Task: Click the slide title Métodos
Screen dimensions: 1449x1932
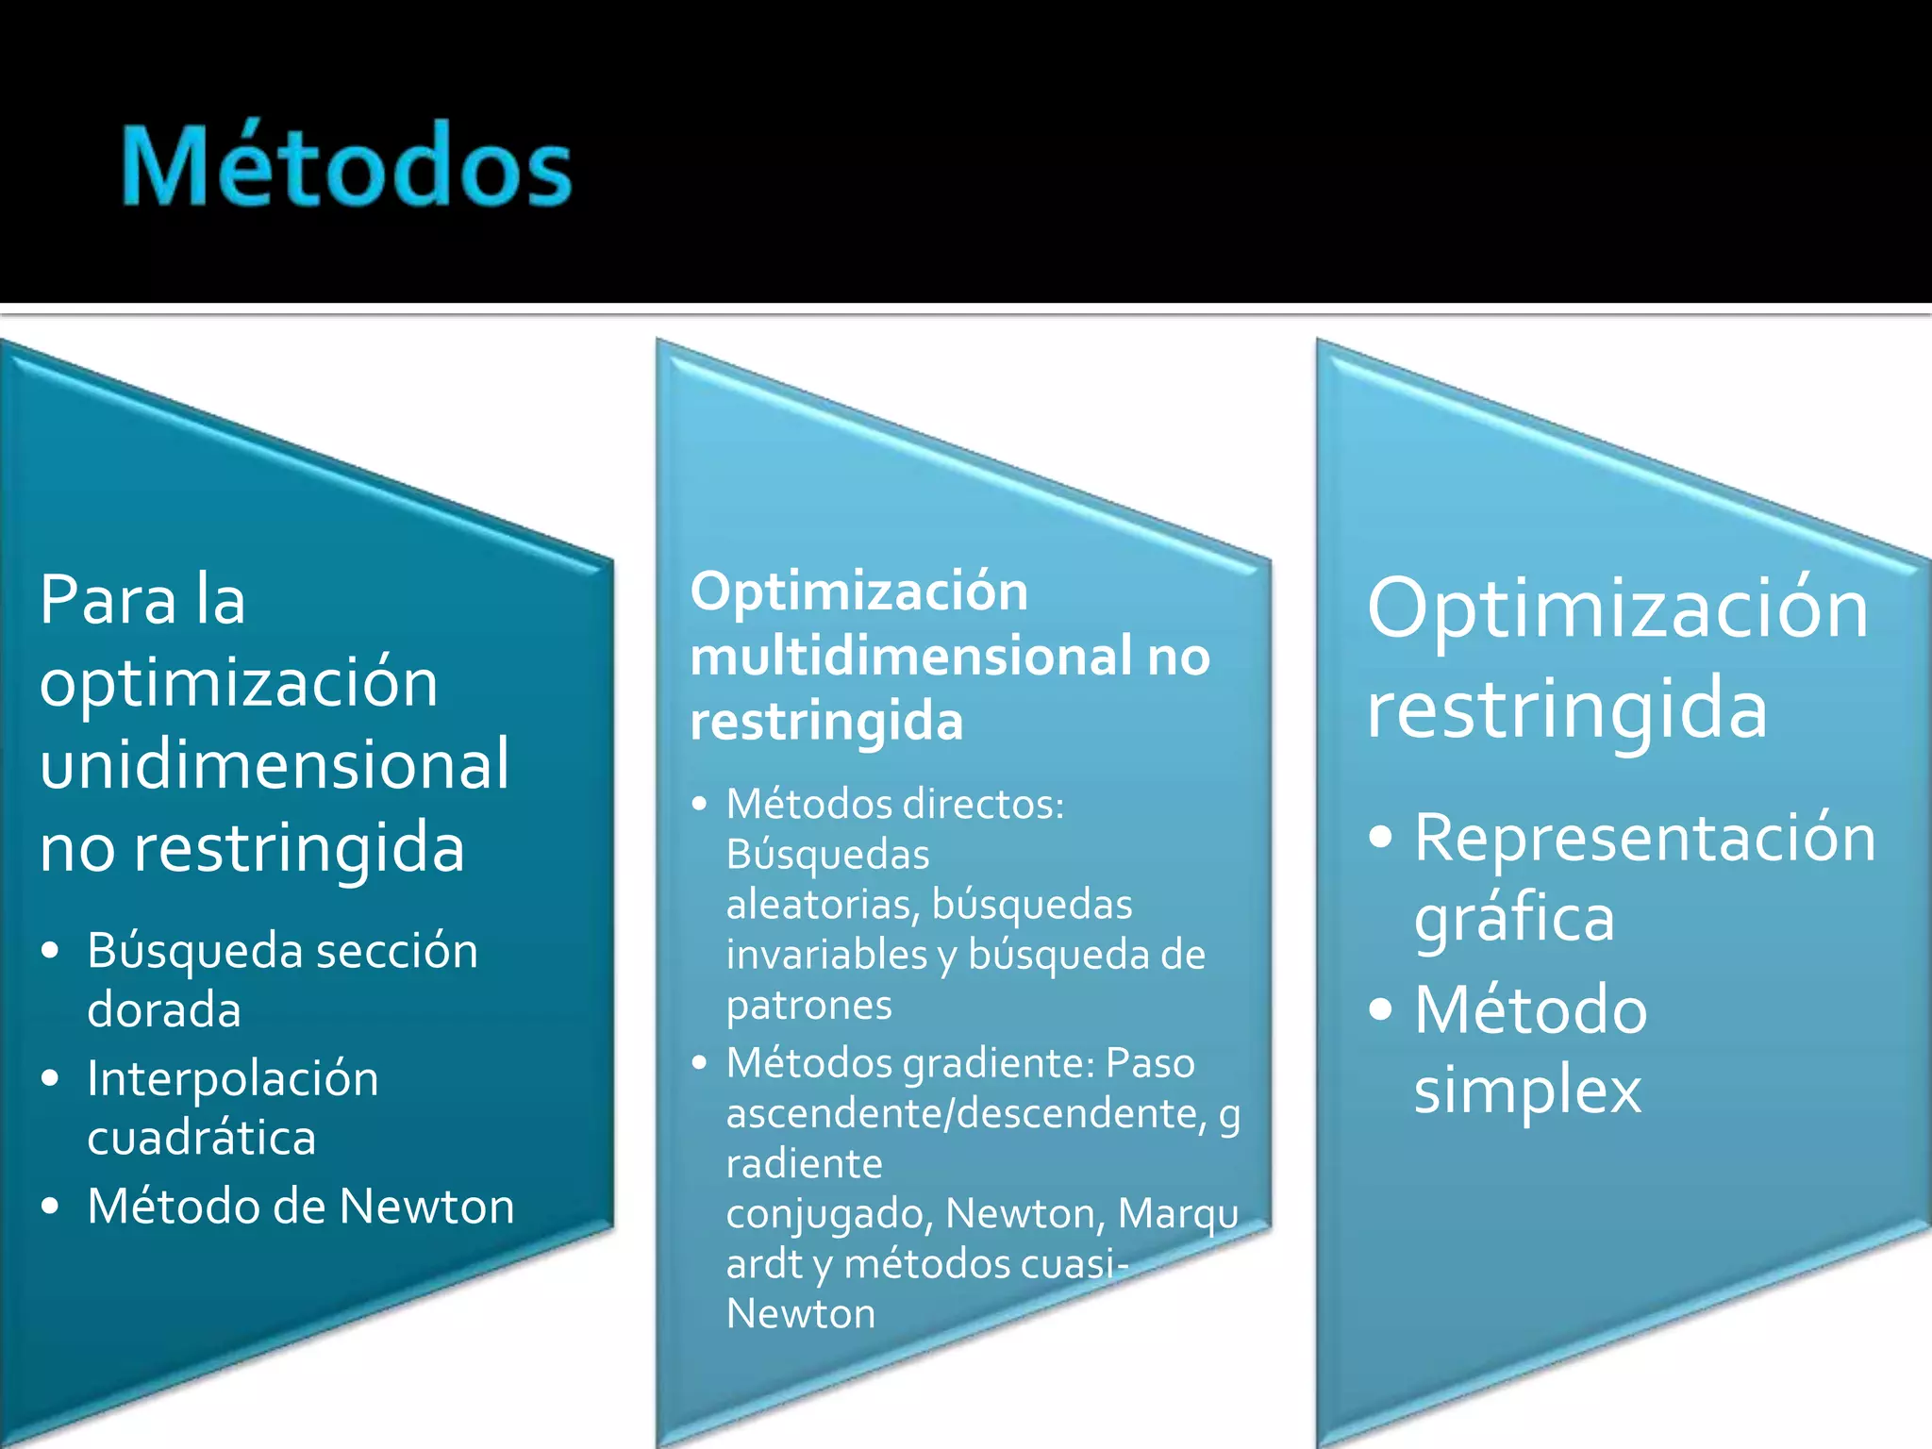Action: tap(346, 167)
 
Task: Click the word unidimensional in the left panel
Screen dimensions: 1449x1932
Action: tap(275, 764)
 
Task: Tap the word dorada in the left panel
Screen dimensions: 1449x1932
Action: tap(164, 1009)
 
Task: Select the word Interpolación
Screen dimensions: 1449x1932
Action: tap(233, 1078)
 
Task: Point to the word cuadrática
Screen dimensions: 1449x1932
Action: tap(202, 1138)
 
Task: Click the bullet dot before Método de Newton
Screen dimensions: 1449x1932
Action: tap(51, 1206)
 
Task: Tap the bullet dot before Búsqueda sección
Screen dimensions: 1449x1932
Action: tap(51, 950)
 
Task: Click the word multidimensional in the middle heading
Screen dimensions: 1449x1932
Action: tap(911, 657)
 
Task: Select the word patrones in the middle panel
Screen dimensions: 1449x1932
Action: tap(808, 1005)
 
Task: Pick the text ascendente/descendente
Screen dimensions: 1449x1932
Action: tap(966, 1113)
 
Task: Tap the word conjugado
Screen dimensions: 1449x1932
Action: tap(828, 1214)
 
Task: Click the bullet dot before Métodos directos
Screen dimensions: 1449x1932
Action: tap(699, 805)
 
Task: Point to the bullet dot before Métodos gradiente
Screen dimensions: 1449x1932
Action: tap(699, 1063)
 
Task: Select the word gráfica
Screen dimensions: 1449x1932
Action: tap(1514, 918)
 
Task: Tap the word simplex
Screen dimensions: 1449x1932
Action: tap(1527, 1091)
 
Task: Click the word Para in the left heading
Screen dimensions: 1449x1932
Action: tap(108, 600)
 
